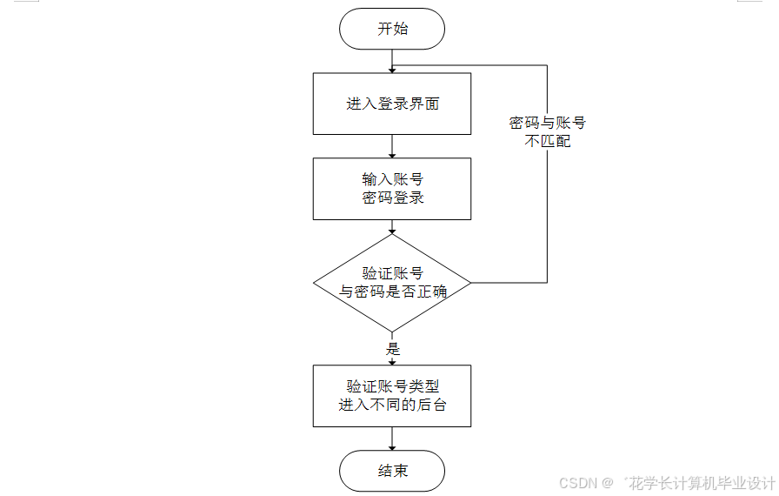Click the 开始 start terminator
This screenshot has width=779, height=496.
(x=392, y=29)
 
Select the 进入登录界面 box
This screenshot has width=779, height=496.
(x=392, y=104)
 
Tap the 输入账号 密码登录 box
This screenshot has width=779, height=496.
(x=392, y=188)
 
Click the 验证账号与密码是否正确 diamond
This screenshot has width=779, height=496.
(x=392, y=283)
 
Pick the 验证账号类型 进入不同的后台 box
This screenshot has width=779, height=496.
(x=392, y=396)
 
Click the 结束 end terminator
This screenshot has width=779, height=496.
(x=392, y=471)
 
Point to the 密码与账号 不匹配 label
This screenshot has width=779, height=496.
(x=548, y=131)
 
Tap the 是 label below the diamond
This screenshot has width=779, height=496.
(x=392, y=348)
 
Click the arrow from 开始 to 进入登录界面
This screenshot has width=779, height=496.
(x=392, y=61)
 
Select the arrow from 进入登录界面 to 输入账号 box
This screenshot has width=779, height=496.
(x=392, y=146)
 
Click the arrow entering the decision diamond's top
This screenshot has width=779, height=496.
(x=392, y=226)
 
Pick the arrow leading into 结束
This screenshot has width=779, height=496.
(x=392, y=439)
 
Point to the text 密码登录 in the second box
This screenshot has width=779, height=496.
(x=392, y=198)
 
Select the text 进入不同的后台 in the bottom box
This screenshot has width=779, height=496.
(x=392, y=405)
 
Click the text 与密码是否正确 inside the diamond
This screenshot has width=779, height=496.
(x=392, y=292)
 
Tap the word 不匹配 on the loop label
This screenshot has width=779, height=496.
(x=548, y=140)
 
